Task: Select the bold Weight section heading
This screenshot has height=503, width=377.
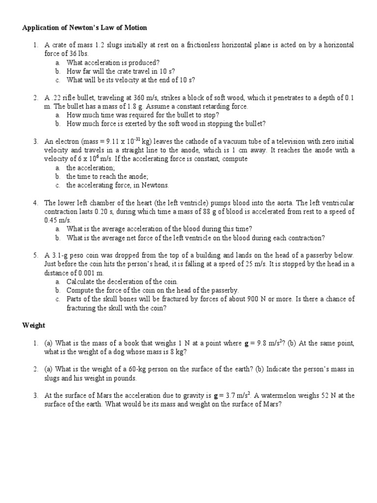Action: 34,325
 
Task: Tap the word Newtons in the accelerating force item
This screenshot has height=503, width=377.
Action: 154,185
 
